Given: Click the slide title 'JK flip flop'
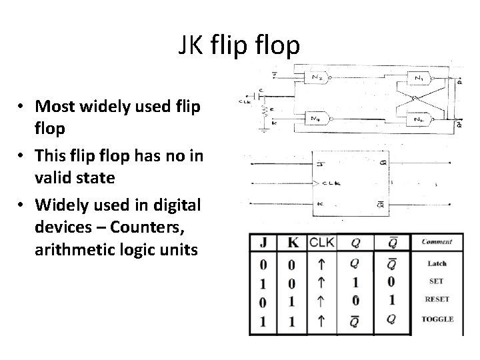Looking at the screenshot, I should pos(239,45).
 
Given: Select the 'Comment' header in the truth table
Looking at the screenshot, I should pos(437,242).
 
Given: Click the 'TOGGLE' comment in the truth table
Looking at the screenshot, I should pos(437,319).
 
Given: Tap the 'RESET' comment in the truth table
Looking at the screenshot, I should pos(437,299).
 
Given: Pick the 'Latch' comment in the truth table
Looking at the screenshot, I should pos(437,263).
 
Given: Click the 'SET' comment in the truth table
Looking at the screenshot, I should pos(437,281).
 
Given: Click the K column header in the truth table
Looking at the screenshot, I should pos(291,243).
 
